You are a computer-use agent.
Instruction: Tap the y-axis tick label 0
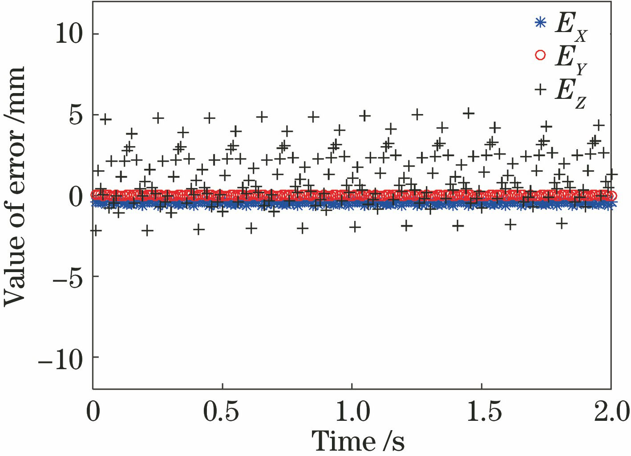click(76, 195)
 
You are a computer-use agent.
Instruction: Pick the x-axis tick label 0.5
click(221, 412)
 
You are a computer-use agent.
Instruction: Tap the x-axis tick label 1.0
click(352, 412)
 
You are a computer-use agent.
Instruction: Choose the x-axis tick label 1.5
click(484, 412)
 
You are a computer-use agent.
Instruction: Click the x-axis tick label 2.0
click(612, 412)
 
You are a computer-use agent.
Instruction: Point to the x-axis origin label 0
click(93, 412)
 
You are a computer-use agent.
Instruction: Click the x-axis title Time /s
click(358, 441)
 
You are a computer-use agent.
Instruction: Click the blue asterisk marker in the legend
click(540, 22)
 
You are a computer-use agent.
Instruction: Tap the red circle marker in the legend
click(540, 55)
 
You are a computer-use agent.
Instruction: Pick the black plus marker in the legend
click(540, 90)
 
